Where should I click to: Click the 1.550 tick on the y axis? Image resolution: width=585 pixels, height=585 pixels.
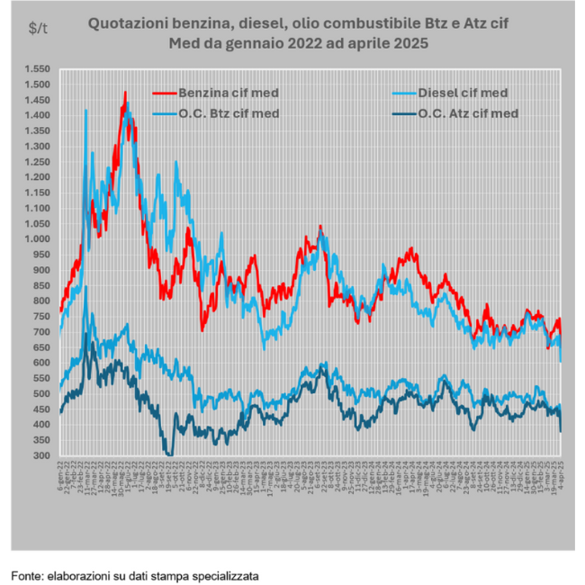point(39,68)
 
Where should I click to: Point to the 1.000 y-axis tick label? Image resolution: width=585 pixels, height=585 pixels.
point(39,238)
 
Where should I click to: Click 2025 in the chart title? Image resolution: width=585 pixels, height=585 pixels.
point(408,43)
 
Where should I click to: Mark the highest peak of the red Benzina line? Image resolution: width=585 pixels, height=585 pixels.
point(125,92)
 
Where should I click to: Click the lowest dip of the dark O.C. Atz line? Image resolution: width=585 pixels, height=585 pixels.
point(168,454)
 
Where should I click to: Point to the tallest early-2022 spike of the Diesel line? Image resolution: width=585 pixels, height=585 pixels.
point(85,110)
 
